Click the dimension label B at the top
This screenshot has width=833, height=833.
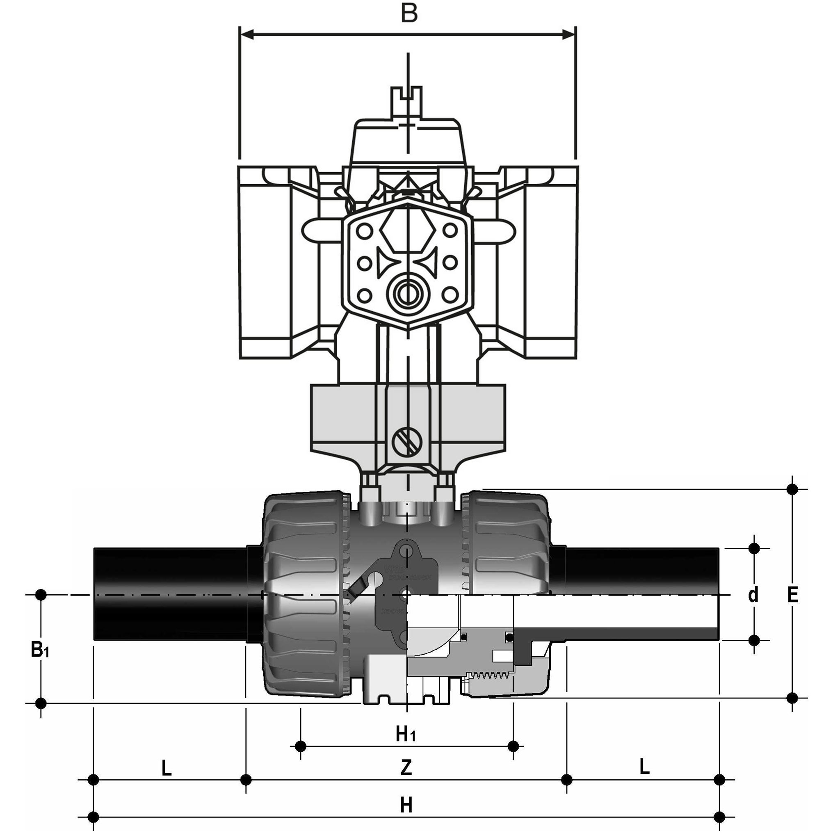click(x=409, y=14)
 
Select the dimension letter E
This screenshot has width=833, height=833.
click(x=792, y=595)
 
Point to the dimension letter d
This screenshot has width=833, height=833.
click(x=753, y=595)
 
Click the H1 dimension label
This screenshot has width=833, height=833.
click(x=406, y=734)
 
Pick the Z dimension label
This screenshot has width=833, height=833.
click(x=406, y=767)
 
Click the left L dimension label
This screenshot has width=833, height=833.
click(x=167, y=768)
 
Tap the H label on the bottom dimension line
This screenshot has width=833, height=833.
click(x=406, y=805)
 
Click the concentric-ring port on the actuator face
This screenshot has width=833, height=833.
click(x=406, y=294)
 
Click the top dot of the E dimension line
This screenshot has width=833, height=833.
click(x=792, y=489)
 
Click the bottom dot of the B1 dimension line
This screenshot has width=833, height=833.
click(x=41, y=704)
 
